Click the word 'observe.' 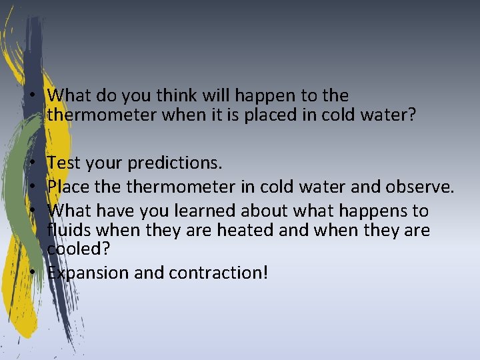[422, 187]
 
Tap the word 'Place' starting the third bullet [67, 187]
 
